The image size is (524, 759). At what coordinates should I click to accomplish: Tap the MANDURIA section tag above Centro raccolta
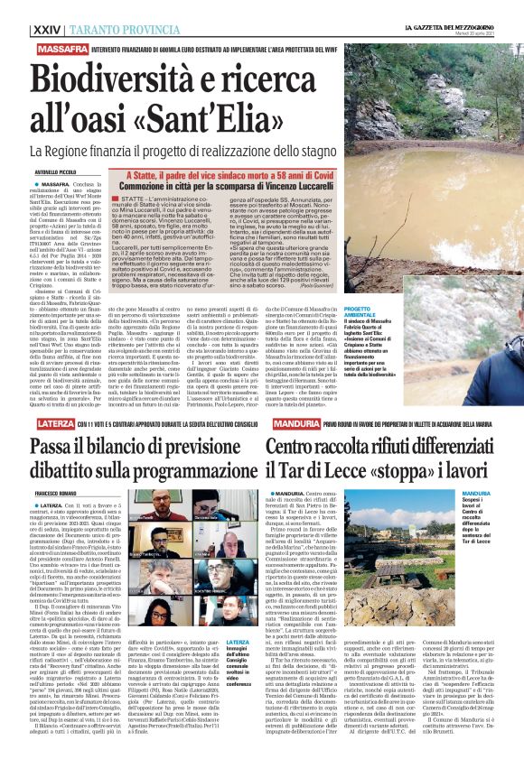point(289,424)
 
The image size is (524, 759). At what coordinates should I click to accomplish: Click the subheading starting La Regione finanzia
point(199,151)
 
